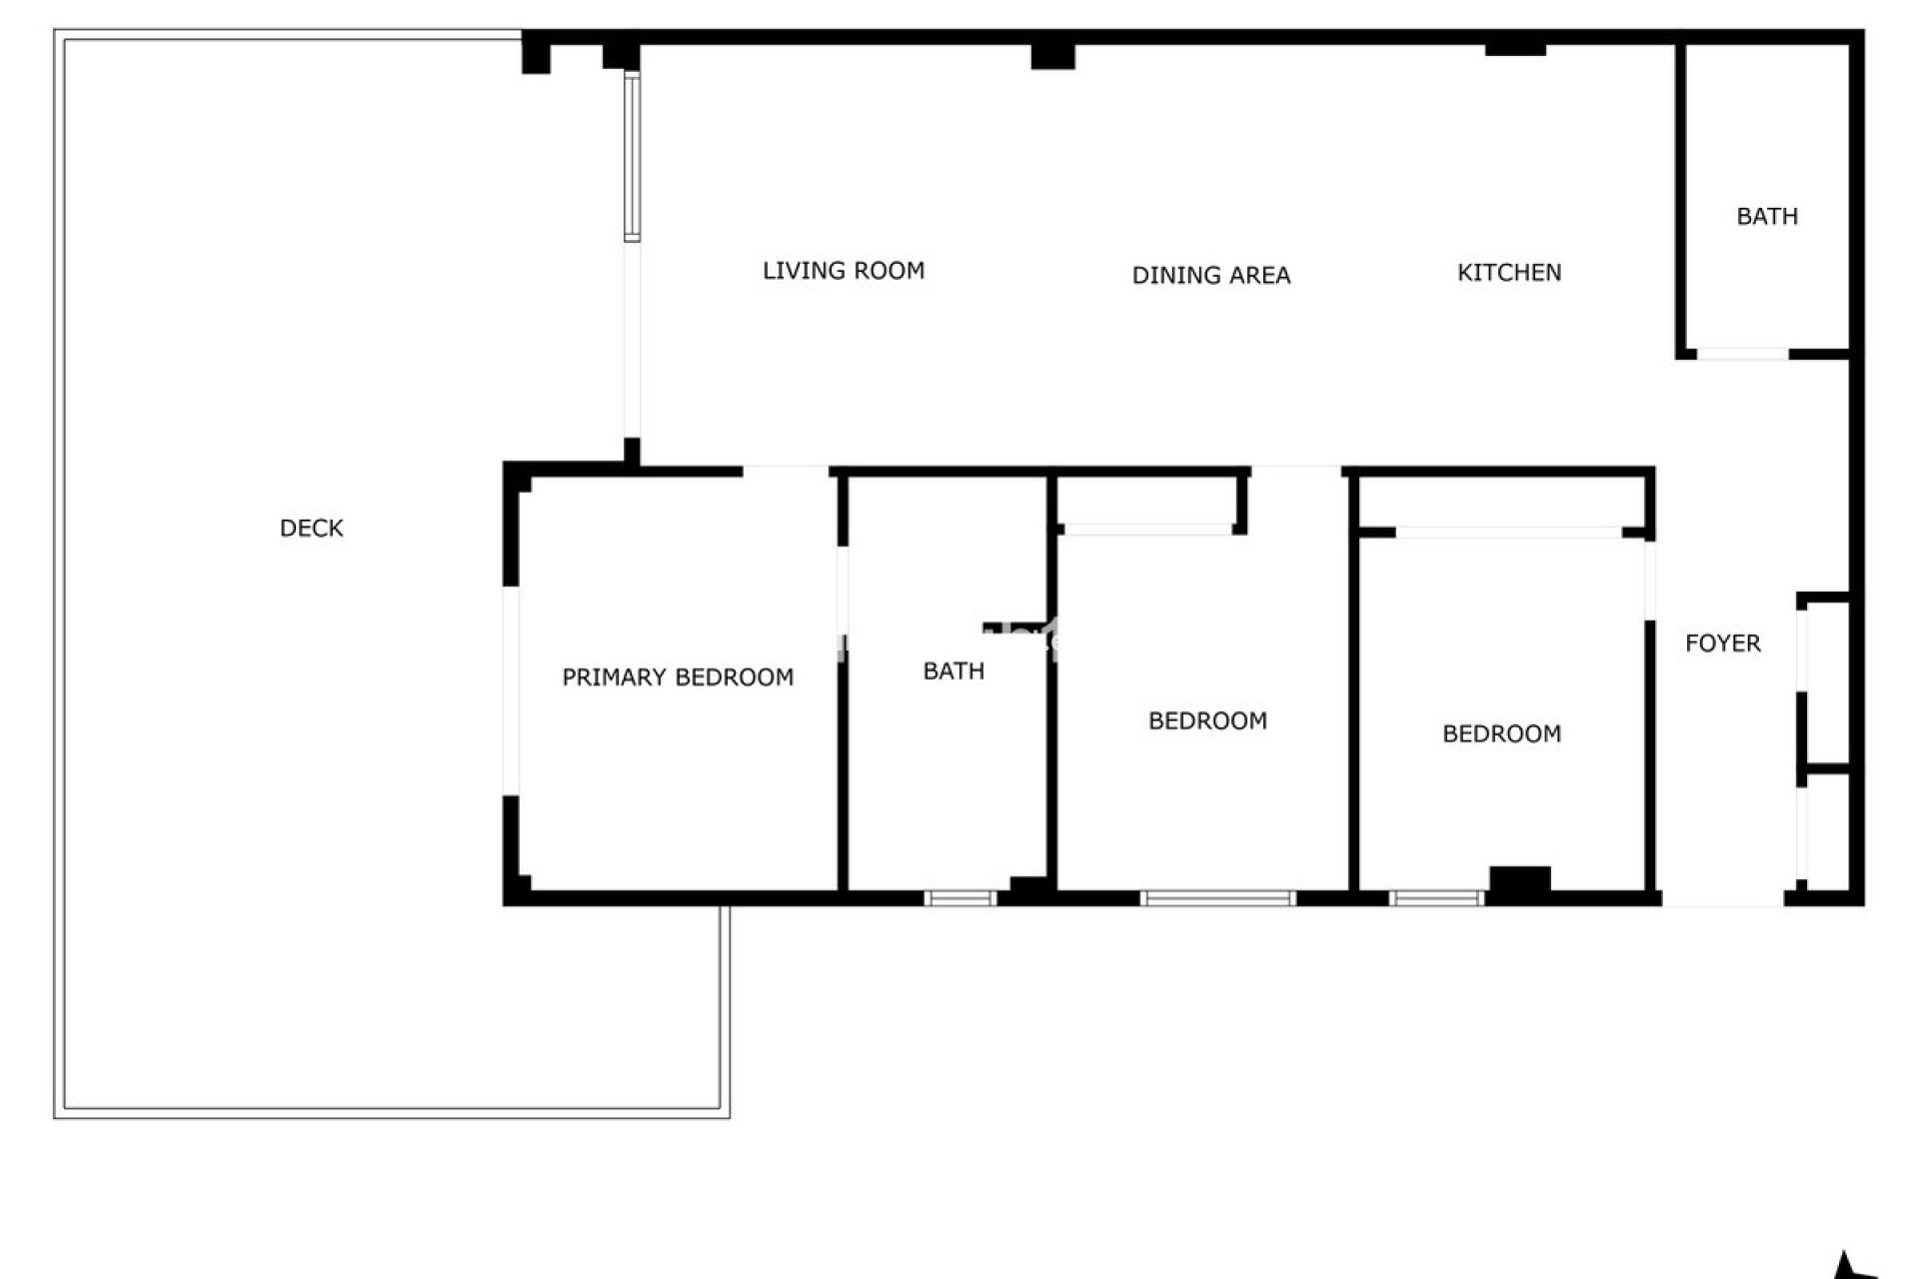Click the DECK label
(311, 528)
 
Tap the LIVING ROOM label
(843, 270)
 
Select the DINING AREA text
(1210, 275)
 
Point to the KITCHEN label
(1508, 272)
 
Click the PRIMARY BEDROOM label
(678, 676)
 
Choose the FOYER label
(1722, 642)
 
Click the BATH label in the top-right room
(1766, 216)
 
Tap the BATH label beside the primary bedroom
(953, 670)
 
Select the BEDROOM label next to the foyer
(1501, 733)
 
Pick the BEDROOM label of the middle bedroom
(1207, 720)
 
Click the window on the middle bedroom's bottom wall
(1217, 898)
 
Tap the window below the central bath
(959, 898)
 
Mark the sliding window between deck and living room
(632, 156)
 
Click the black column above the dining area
(1052, 56)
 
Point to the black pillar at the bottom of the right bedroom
(1520, 880)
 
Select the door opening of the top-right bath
(1742, 354)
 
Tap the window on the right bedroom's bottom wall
(1435, 898)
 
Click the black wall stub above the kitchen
(1515, 48)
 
